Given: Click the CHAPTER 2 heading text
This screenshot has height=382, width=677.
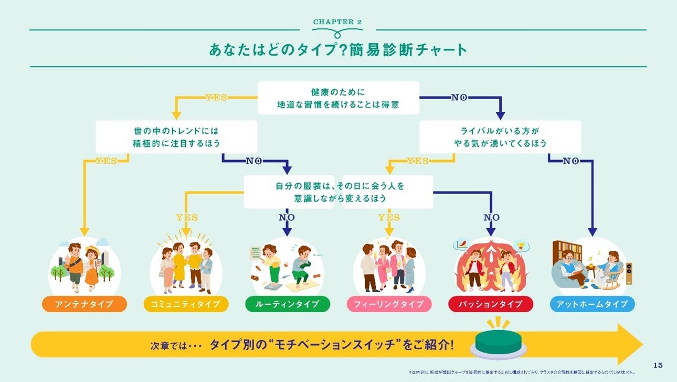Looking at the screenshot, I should pyautogui.click(x=337, y=22).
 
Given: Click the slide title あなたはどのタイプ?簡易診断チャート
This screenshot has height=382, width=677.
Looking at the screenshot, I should pyautogui.click(x=338, y=50).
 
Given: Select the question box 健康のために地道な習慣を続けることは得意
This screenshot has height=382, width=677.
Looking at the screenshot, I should pyautogui.click(x=338, y=98).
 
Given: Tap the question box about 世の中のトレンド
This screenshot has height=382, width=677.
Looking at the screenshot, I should pyautogui.click(x=176, y=136).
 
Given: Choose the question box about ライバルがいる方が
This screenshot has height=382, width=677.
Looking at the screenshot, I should pyautogui.click(x=500, y=136).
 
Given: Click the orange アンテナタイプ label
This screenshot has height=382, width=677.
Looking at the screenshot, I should pyautogui.click(x=84, y=304).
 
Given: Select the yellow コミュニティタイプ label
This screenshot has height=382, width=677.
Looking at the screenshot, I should pyautogui.click(x=186, y=304).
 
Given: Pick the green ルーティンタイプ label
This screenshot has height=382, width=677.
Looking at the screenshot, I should pyautogui.click(x=287, y=304).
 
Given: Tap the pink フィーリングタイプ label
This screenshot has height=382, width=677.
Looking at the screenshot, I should pyautogui.click(x=389, y=304).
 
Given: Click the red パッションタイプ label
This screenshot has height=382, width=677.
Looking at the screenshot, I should pyautogui.click(x=490, y=304).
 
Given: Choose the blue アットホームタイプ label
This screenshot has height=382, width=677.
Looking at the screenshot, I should pyautogui.click(x=592, y=304).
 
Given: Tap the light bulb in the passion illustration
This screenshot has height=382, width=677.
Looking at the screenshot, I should pyautogui.click(x=521, y=245).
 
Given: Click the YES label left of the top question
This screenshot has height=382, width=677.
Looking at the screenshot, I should pyautogui.click(x=216, y=97).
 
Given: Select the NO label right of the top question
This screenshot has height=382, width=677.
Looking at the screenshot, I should pyautogui.click(x=459, y=97).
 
